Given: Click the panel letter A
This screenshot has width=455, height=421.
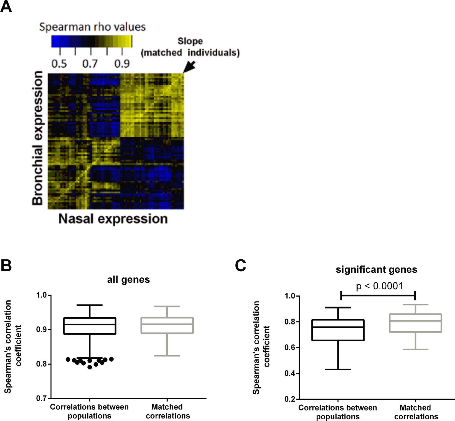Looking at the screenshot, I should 6,6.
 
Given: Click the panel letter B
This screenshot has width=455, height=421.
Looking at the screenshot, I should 6,265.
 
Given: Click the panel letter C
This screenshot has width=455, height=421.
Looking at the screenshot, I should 240,265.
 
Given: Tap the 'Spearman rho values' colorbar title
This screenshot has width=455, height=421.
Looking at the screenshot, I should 92,27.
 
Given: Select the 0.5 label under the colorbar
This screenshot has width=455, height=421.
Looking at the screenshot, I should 59,64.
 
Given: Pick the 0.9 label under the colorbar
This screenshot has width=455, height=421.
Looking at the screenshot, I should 122,64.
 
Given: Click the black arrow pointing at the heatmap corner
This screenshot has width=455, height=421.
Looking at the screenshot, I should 189,67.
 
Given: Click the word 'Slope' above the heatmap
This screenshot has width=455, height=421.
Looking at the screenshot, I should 190,41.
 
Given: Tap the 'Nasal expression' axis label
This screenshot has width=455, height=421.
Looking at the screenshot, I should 113,219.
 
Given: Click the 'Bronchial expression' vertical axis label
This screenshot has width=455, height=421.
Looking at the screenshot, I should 37,138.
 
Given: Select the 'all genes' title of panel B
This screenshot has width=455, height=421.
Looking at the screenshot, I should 128,279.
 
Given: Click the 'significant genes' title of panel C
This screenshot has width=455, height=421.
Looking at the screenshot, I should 376,269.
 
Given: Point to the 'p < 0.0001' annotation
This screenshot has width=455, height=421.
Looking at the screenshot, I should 379,286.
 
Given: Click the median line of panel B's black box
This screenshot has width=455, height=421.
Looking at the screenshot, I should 90,324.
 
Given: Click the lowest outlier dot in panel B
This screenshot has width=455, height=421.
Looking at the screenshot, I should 90,367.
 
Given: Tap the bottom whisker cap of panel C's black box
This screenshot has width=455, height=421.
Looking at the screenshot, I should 338,369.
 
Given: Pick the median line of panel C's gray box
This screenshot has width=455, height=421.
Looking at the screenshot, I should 415,321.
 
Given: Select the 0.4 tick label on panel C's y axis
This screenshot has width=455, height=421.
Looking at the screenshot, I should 290,373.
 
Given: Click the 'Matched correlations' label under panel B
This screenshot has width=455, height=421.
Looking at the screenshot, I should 168,411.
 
